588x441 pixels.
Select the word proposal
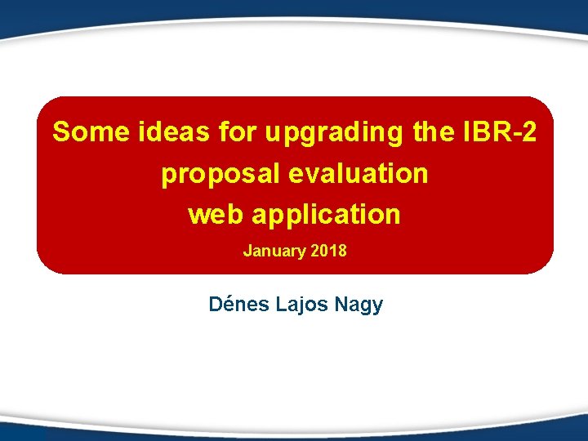pyautogui.click(x=213, y=175)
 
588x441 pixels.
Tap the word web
pyautogui.click(x=215, y=215)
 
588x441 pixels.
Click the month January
pyautogui.click(x=274, y=251)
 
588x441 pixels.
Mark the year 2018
pyautogui.click(x=329, y=251)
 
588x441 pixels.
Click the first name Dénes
pyautogui.click(x=238, y=305)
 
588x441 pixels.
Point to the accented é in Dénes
pyautogui.click(x=228, y=305)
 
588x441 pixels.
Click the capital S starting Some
pyautogui.click(x=60, y=132)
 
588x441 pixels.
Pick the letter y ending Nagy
pyautogui.click(x=377, y=308)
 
